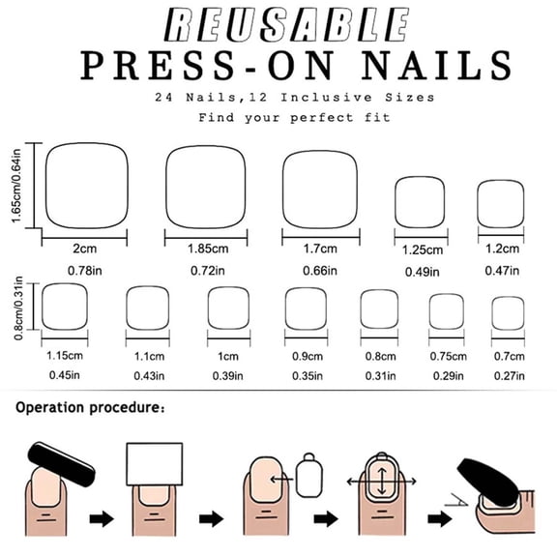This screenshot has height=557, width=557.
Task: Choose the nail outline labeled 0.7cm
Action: (503, 312)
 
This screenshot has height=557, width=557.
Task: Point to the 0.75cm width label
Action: (447, 356)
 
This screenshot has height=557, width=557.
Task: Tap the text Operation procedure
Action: (86, 408)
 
